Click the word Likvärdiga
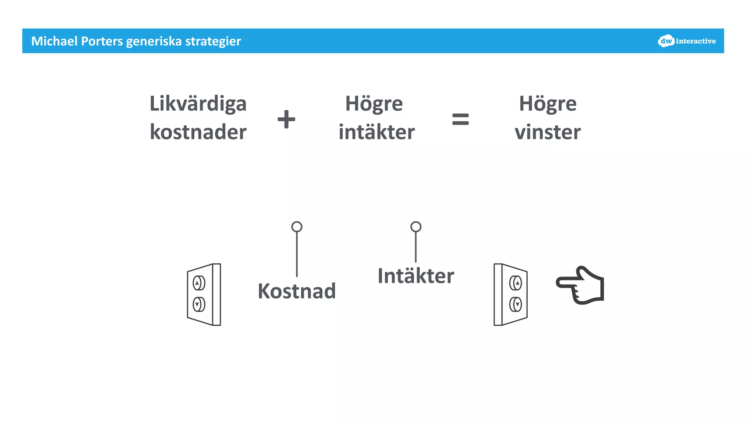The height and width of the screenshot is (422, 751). [198, 104]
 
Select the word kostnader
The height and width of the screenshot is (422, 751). [198, 132]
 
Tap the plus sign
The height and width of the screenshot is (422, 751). [286, 119]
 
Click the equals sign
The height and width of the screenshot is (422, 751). [460, 119]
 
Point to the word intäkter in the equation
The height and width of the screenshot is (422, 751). [377, 132]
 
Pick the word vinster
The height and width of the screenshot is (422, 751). [547, 132]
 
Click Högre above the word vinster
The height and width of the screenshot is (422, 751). [547, 104]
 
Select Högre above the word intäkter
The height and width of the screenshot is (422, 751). [374, 104]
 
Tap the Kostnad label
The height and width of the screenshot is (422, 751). [297, 291]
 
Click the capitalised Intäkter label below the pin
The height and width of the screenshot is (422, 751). [416, 276]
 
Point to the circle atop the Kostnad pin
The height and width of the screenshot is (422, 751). [297, 227]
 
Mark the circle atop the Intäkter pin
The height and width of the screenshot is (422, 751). [415, 227]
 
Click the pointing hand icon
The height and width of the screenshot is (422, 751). [580, 285]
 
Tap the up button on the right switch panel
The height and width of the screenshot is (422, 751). [516, 283]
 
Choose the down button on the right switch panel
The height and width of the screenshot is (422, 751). [516, 304]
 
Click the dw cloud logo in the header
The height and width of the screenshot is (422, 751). [666, 41]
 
